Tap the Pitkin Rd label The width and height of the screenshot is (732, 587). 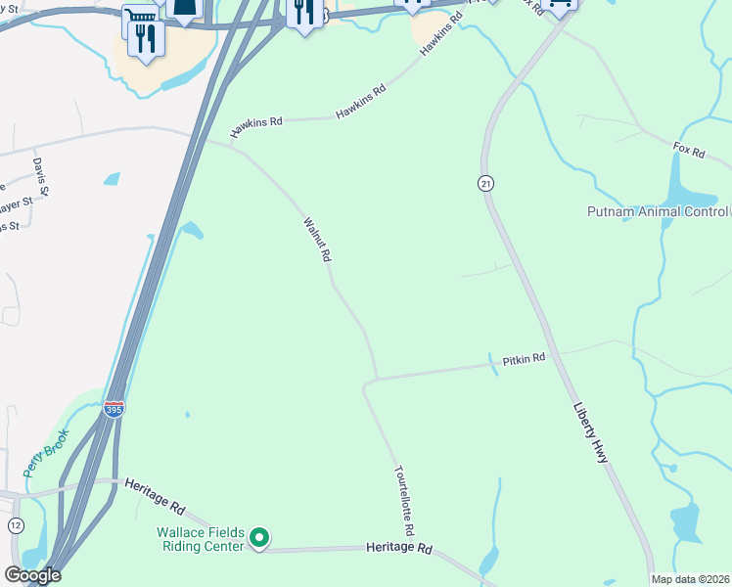(x=524, y=360)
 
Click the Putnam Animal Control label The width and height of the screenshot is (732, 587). (x=657, y=211)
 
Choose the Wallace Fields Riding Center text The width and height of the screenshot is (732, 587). (x=200, y=539)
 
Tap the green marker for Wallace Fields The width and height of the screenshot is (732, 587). (x=259, y=538)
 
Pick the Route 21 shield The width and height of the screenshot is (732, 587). (x=485, y=183)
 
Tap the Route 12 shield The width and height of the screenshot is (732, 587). (x=16, y=526)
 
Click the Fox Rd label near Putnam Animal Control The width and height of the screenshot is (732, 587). (x=689, y=151)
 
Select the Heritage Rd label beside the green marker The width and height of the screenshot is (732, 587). (x=400, y=549)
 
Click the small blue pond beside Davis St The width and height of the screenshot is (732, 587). (x=112, y=179)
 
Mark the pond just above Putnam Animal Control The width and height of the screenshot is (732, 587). (x=678, y=180)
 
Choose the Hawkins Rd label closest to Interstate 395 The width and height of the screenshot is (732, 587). (x=256, y=127)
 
